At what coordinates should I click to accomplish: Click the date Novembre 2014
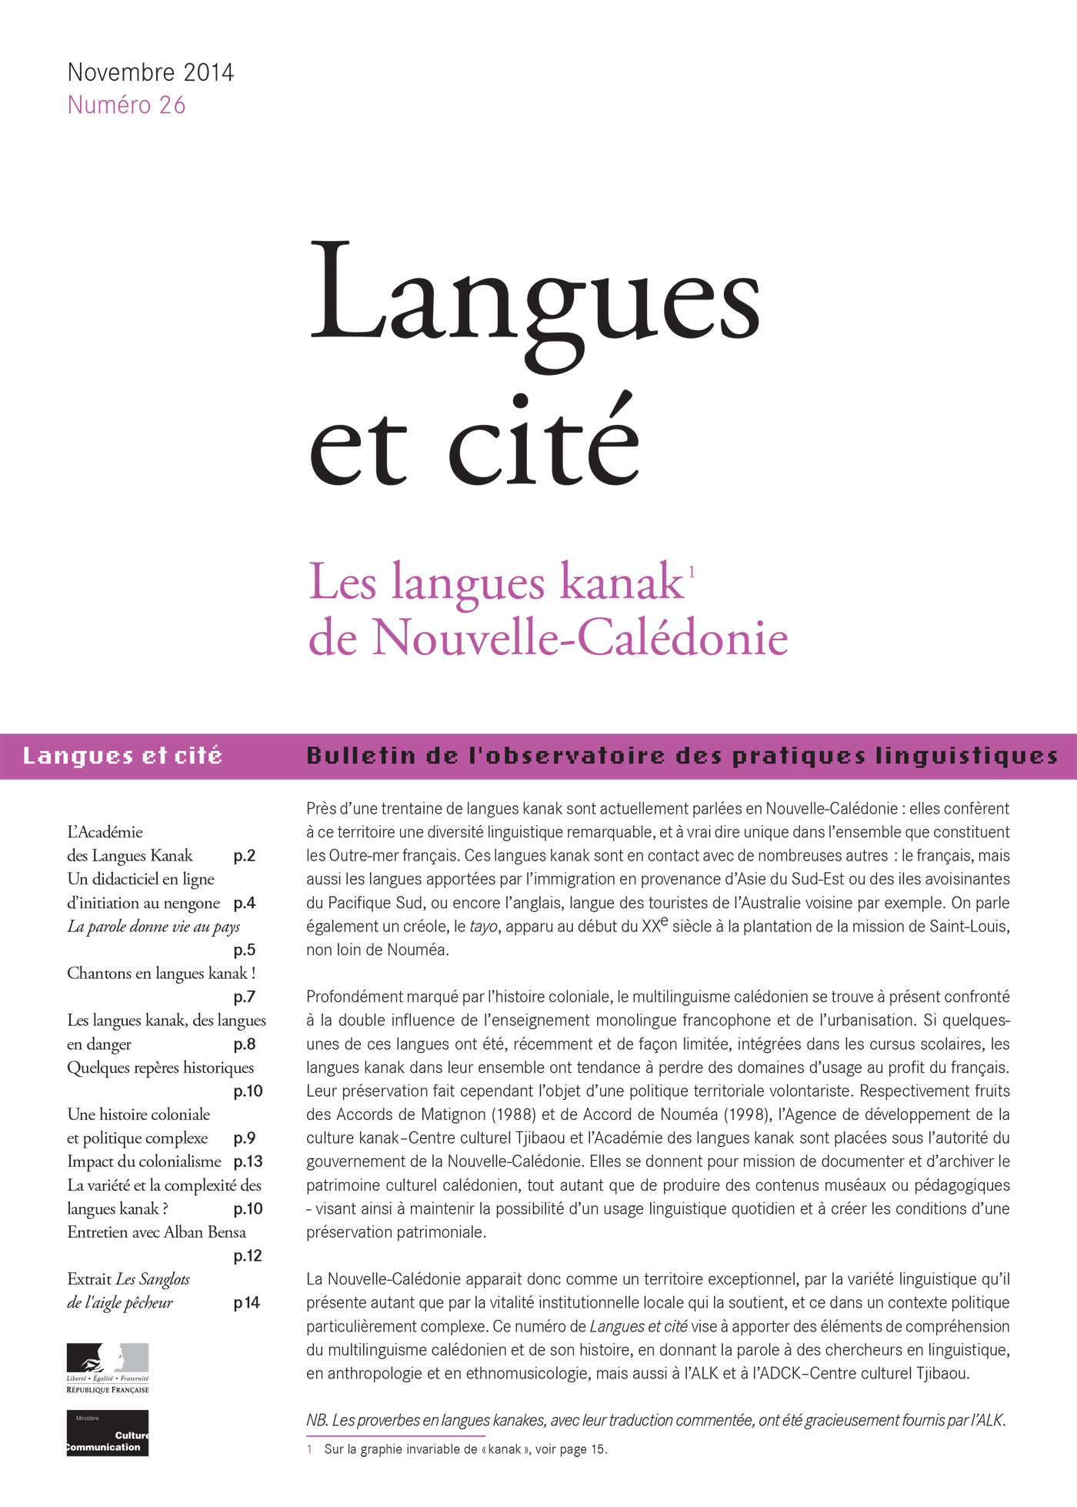(x=151, y=72)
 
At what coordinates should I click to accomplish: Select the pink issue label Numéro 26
(x=127, y=105)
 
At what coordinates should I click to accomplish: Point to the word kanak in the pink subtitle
(x=622, y=583)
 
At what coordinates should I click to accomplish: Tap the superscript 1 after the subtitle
(x=692, y=571)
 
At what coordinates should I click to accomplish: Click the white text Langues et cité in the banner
(x=122, y=756)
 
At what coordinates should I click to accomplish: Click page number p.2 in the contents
(x=244, y=856)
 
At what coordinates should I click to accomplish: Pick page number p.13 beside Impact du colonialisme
(x=248, y=1161)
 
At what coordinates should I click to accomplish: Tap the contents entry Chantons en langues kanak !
(x=161, y=974)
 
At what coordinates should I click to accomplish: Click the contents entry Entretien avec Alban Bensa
(x=156, y=1232)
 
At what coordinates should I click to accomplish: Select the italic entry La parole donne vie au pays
(x=153, y=927)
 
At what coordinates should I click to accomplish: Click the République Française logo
(x=108, y=1368)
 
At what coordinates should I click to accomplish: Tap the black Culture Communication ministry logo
(x=108, y=1433)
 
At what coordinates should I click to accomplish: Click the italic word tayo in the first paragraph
(x=483, y=927)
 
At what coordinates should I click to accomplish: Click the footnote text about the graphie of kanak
(x=465, y=1450)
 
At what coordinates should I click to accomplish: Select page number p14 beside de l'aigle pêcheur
(x=247, y=1303)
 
